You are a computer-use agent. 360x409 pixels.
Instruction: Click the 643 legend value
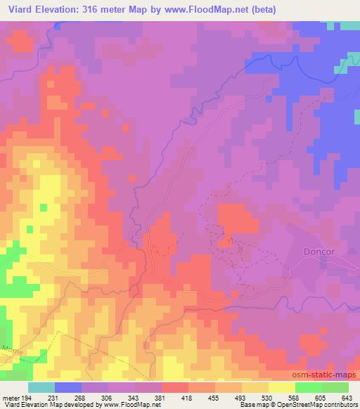coord(346,397)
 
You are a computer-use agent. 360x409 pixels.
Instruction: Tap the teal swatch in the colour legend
coord(41,387)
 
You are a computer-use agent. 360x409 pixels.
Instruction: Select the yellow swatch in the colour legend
coord(281,387)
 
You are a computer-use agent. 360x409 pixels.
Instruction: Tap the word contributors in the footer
coord(338,405)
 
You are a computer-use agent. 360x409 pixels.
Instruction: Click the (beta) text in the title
coord(259,10)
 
